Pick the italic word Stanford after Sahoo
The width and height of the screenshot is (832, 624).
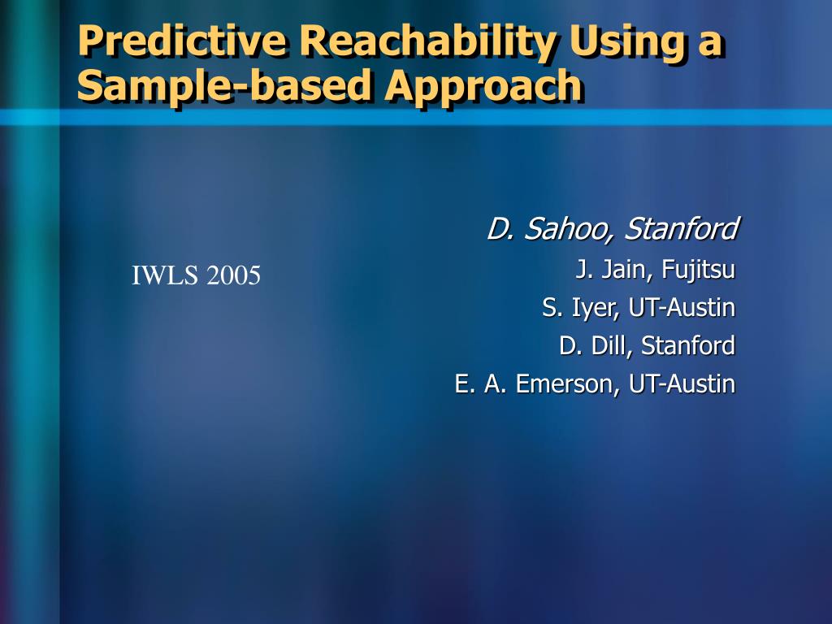(682, 228)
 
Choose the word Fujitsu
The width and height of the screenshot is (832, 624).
(698, 270)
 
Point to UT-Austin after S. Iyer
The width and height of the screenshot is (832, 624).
(682, 308)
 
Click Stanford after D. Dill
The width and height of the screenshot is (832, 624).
(688, 346)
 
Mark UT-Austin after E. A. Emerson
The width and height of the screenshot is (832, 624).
(682, 384)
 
